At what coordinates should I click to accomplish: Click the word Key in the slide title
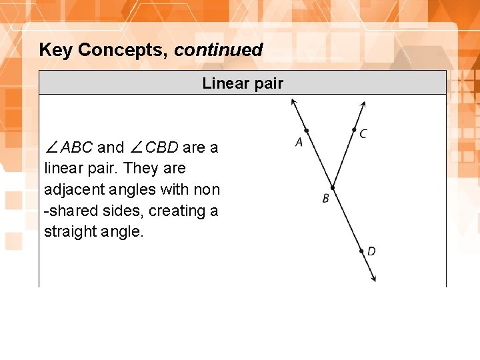(x=56, y=50)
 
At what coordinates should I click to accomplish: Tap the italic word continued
(x=219, y=50)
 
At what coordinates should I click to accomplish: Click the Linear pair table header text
(x=243, y=83)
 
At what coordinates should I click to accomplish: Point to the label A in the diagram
(x=299, y=142)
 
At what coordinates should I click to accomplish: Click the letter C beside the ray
(x=363, y=134)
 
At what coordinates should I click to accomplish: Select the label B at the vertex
(x=325, y=199)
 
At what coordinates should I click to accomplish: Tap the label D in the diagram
(x=371, y=251)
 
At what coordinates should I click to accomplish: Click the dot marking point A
(x=306, y=131)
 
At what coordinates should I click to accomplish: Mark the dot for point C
(x=354, y=129)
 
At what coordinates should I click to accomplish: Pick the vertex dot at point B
(x=332, y=189)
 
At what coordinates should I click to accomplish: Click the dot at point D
(x=362, y=251)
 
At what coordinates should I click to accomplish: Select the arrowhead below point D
(x=374, y=279)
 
